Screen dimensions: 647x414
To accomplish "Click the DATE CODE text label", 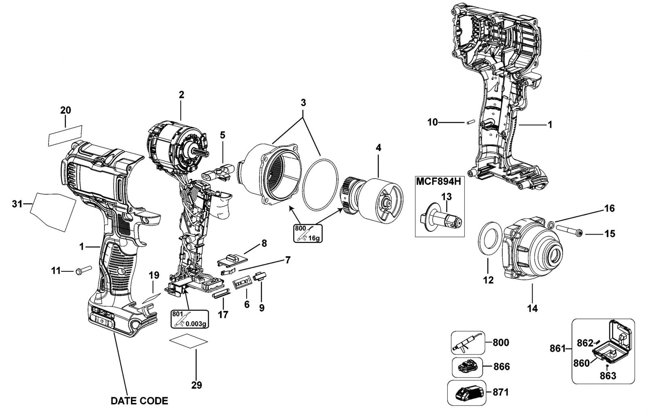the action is click(139, 401).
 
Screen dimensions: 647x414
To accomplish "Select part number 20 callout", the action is click(66, 110).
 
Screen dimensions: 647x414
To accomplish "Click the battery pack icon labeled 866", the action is click(467, 367).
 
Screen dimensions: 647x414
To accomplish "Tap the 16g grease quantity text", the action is click(314, 238).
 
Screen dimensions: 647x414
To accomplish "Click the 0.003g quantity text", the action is click(196, 324).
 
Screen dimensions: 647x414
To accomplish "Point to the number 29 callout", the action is click(197, 385).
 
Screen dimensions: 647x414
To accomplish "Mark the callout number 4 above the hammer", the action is click(378, 148).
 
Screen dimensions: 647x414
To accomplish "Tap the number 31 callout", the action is click(17, 204).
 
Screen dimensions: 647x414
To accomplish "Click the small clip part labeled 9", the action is click(260, 276).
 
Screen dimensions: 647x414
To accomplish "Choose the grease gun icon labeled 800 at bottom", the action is click(468, 343).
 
